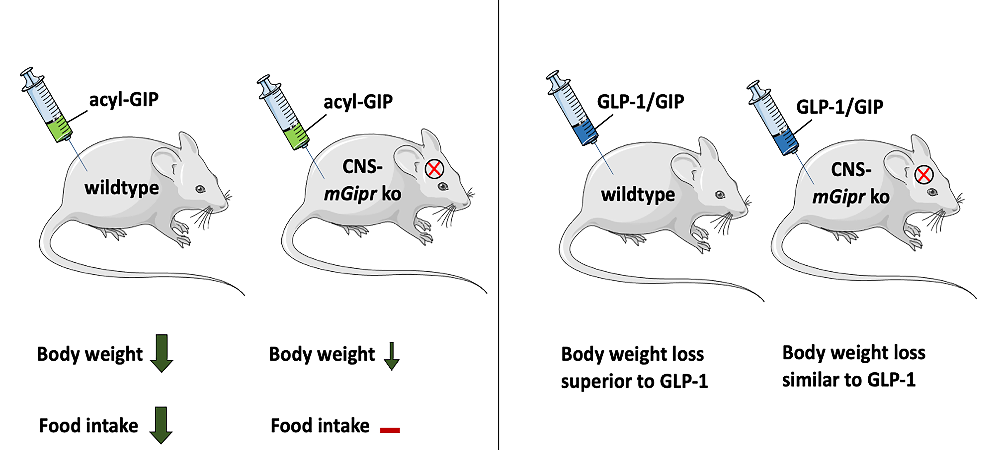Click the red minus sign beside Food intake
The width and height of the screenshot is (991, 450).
[x=390, y=430]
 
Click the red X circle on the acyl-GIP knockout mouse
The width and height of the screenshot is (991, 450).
[x=434, y=169]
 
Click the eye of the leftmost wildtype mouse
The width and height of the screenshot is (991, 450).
[x=200, y=189]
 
